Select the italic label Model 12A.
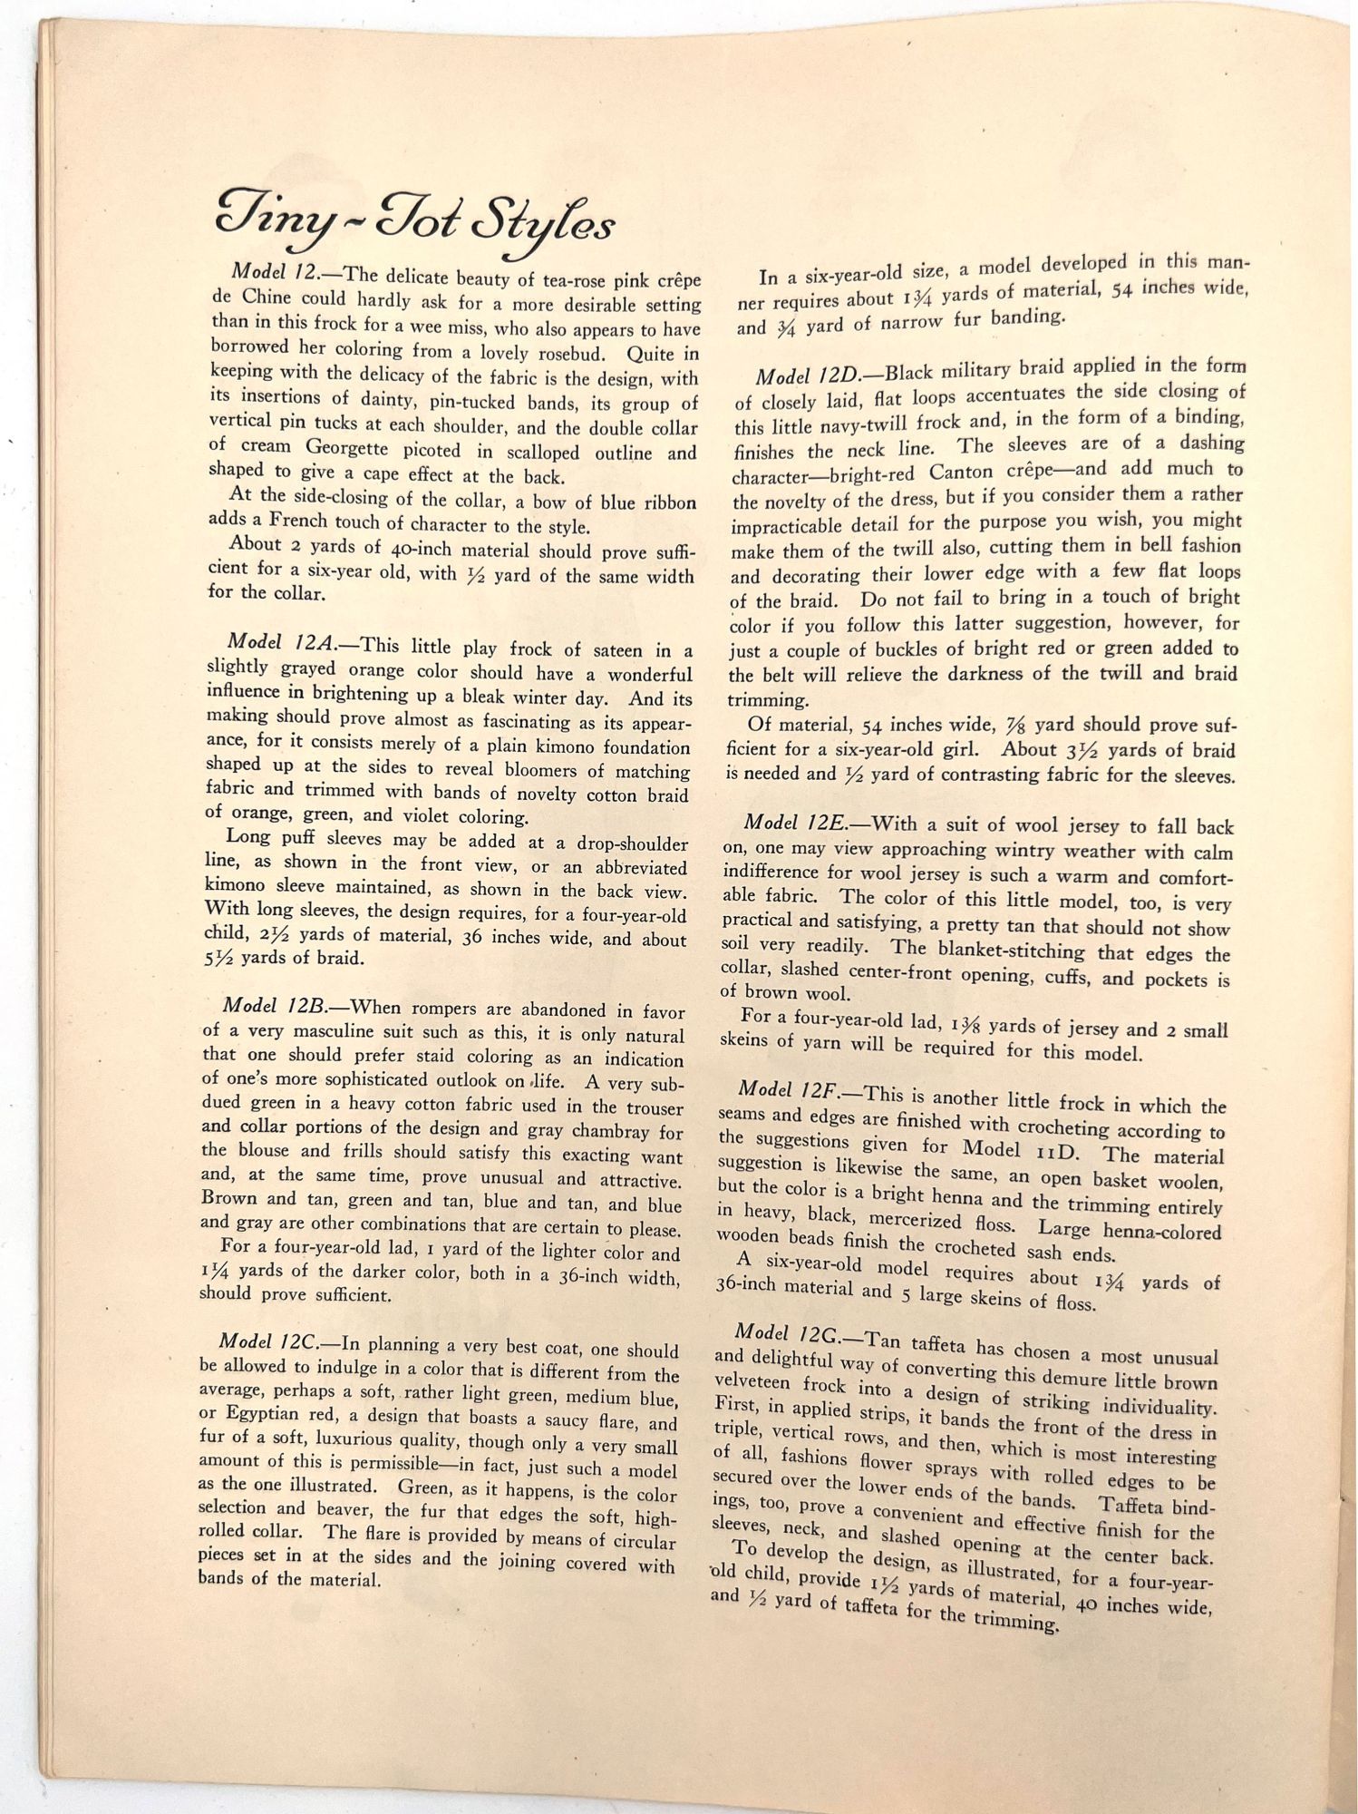click(282, 642)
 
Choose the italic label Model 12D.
click(812, 374)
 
